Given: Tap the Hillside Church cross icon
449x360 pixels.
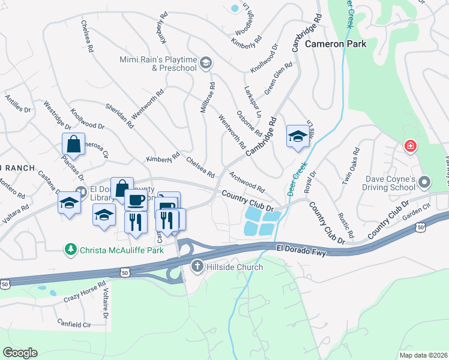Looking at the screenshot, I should (x=198, y=266).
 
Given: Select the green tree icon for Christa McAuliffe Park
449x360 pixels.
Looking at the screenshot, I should (x=71, y=248).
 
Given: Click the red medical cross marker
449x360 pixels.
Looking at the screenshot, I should (x=411, y=146).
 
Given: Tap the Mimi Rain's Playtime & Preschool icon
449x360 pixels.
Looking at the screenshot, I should (x=205, y=62).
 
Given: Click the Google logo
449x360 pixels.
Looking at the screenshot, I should (x=20, y=352).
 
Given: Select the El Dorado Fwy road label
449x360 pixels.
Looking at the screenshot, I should (x=304, y=247).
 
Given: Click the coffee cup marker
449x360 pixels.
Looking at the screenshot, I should (x=136, y=200).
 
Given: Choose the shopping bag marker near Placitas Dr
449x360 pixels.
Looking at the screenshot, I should (x=73, y=145).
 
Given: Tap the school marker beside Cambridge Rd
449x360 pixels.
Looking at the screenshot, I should (x=297, y=137).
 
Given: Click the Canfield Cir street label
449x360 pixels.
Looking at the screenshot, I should (x=74, y=325).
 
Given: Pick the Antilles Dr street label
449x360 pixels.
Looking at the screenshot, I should (x=17, y=103).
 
